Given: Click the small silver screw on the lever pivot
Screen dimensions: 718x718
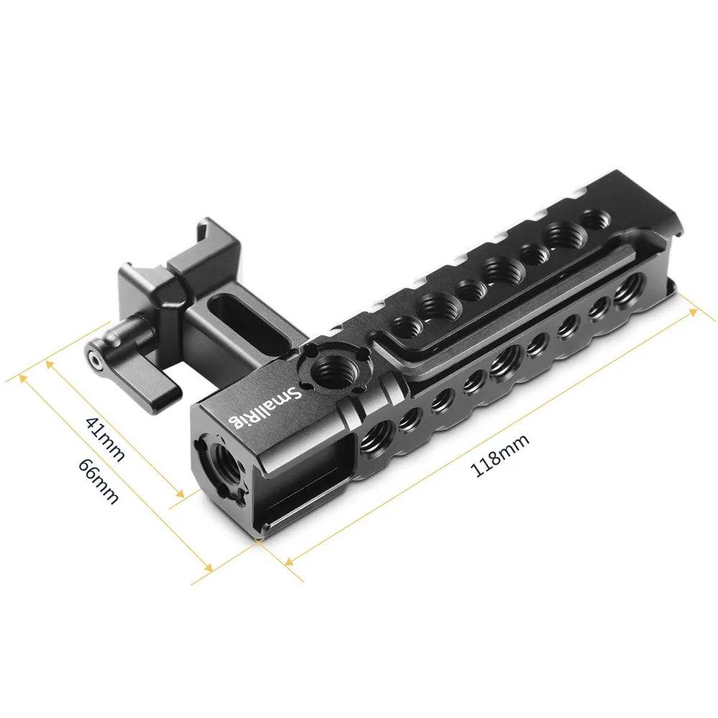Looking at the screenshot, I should [x=93, y=355].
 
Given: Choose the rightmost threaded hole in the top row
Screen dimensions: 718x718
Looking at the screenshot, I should [x=594, y=218].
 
